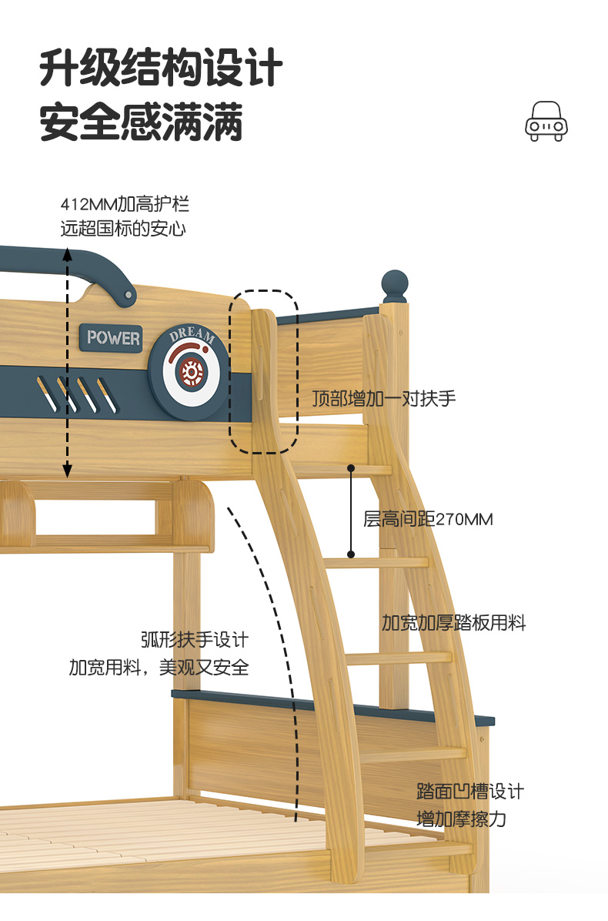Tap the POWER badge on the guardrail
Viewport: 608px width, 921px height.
[113, 337]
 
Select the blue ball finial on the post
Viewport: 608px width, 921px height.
[394, 285]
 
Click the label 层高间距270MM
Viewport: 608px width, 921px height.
[428, 519]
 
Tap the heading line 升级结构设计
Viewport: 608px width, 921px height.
[161, 69]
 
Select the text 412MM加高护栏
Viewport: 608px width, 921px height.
[125, 205]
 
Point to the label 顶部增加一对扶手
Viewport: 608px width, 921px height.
[384, 399]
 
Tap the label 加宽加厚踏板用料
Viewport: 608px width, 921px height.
[453, 623]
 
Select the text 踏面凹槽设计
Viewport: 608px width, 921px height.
[470, 792]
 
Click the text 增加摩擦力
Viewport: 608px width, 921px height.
[461, 819]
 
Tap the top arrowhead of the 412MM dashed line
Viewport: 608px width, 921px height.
[68, 252]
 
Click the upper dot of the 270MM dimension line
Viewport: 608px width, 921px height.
[351, 467]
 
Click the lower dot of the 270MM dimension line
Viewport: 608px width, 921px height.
[351, 554]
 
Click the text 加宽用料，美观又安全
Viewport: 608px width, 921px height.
[159, 668]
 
